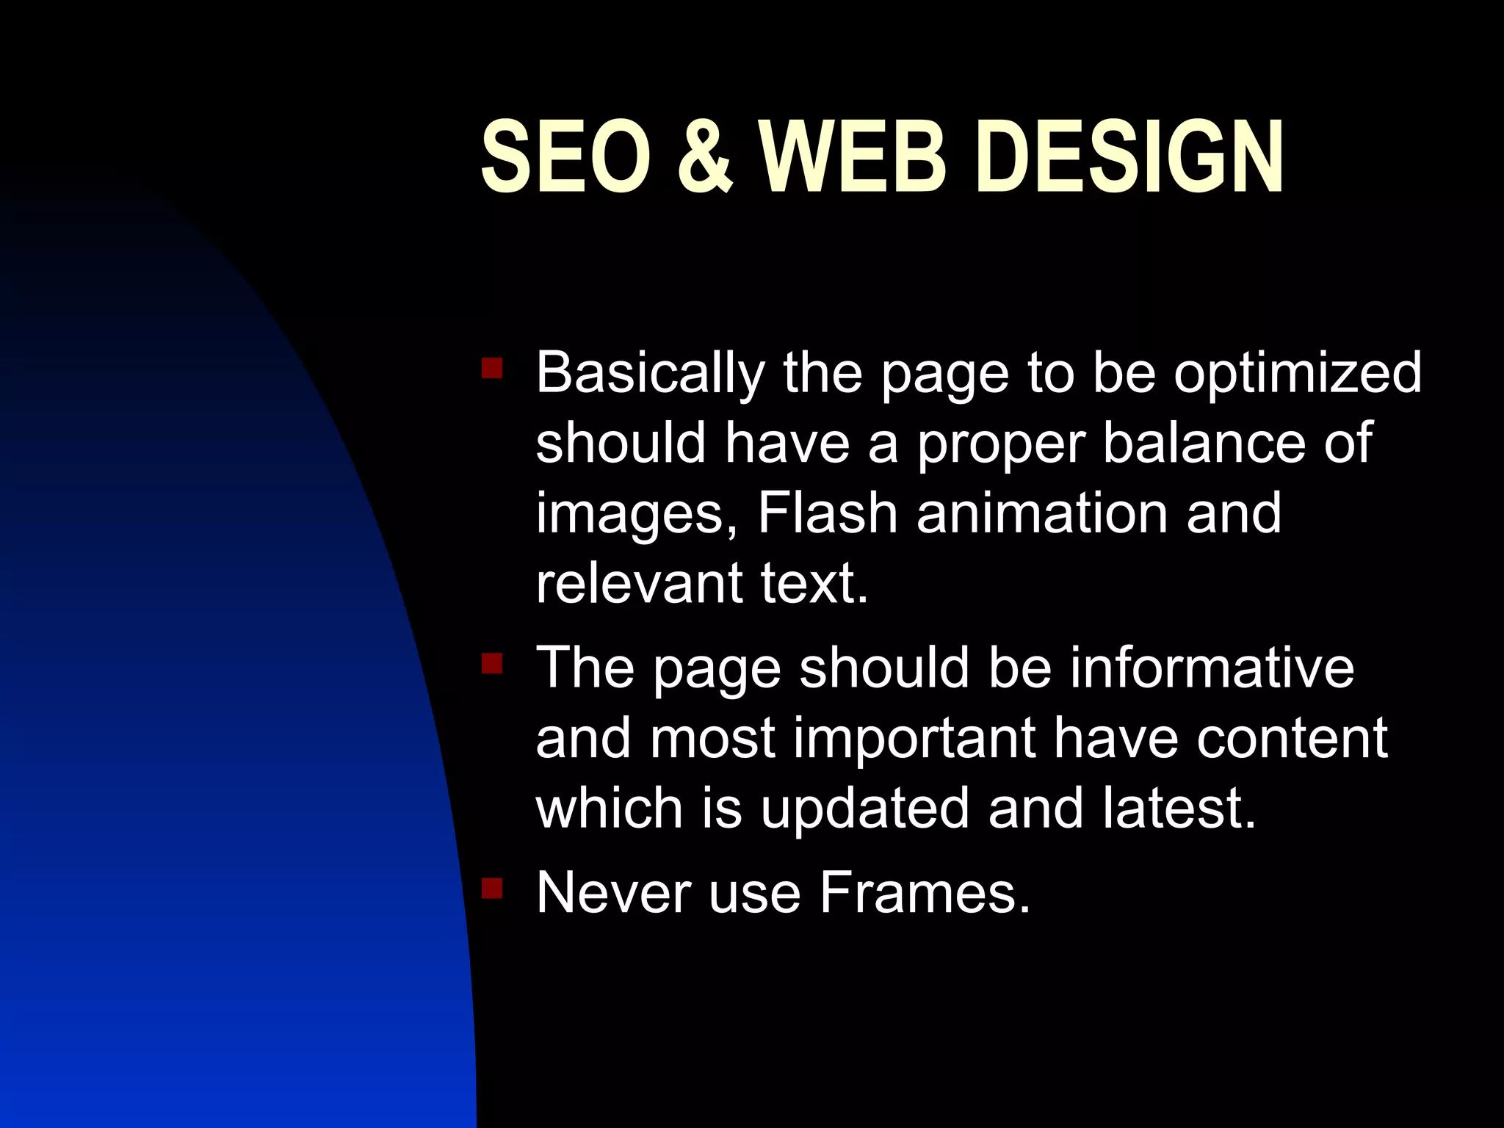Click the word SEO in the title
(x=565, y=157)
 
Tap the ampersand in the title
(x=704, y=157)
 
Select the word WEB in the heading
(x=853, y=157)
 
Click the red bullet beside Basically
(x=491, y=368)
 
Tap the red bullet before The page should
(x=491, y=664)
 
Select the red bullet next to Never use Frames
(x=491, y=889)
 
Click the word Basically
(x=651, y=373)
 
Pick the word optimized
(x=1297, y=373)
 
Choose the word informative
(x=1212, y=668)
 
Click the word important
(x=915, y=738)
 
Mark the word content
(x=1292, y=738)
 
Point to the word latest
(x=1171, y=808)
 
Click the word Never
(x=613, y=893)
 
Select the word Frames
(x=925, y=893)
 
